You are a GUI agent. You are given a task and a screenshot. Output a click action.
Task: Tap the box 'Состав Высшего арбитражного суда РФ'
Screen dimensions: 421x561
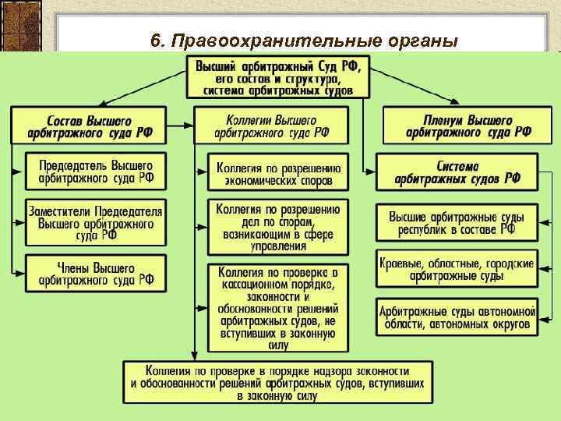tap(89, 126)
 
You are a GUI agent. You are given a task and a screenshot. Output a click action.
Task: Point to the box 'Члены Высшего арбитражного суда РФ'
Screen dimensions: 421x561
tap(96, 274)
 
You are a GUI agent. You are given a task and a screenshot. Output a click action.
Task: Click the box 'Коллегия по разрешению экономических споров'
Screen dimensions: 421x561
tap(274, 172)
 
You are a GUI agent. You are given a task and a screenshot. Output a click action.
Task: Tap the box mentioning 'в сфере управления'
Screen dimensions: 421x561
tap(274, 226)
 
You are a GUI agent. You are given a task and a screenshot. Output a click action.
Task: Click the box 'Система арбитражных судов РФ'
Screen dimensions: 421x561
tap(457, 172)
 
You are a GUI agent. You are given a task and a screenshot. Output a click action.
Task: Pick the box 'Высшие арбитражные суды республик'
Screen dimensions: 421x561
tap(457, 223)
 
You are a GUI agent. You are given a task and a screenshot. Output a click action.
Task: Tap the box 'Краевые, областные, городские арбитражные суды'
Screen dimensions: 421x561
tap(457, 269)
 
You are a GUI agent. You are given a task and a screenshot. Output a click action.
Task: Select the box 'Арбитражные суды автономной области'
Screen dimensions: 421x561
tap(457, 316)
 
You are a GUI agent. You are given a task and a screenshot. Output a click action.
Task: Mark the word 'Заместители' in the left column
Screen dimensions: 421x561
tap(62, 211)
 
